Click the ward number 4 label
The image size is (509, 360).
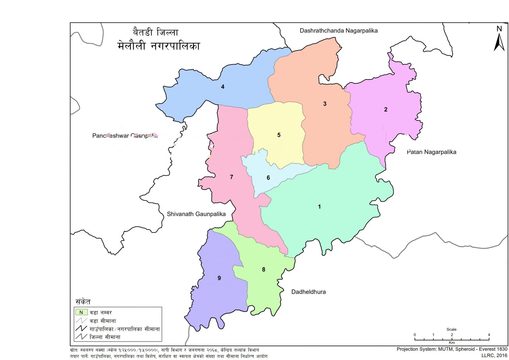pyautogui.click(x=223, y=87)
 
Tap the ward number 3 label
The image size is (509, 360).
pyautogui.click(x=325, y=104)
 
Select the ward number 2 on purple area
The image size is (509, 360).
pyautogui.click(x=385, y=110)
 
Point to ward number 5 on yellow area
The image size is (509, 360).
pyautogui.click(x=279, y=135)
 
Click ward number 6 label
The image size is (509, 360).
pyautogui.click(x=268, y=178)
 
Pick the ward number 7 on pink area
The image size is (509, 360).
pyautogui.click(x=231, y=177)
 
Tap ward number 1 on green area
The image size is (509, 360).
pyautogui.click(x=319, y=207)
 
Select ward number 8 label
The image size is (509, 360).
pyautogui.click(x=263, y=270)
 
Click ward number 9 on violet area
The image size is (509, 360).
pyautogui.click(x=219, y=278)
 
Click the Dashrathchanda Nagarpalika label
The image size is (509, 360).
pyautogui.click(x=338, y=31)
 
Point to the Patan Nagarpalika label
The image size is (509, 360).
pyautogui.click(x=431, y=152)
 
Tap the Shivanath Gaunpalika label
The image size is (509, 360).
pyautogui.click(x=196, y=214)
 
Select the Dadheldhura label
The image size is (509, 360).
pyautogui.click(x=308, y=292)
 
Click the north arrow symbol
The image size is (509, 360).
pyautogui.click(x=499, y=39)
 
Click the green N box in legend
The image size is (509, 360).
pyautogui.click(x=81, y=312)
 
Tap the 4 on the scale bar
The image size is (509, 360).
pyautogui.click(x=489, y=335)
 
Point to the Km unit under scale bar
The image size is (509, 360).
pyautogui.click(x=451, y=342)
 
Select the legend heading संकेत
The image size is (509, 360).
pyautogui.click(x=83, y=302)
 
